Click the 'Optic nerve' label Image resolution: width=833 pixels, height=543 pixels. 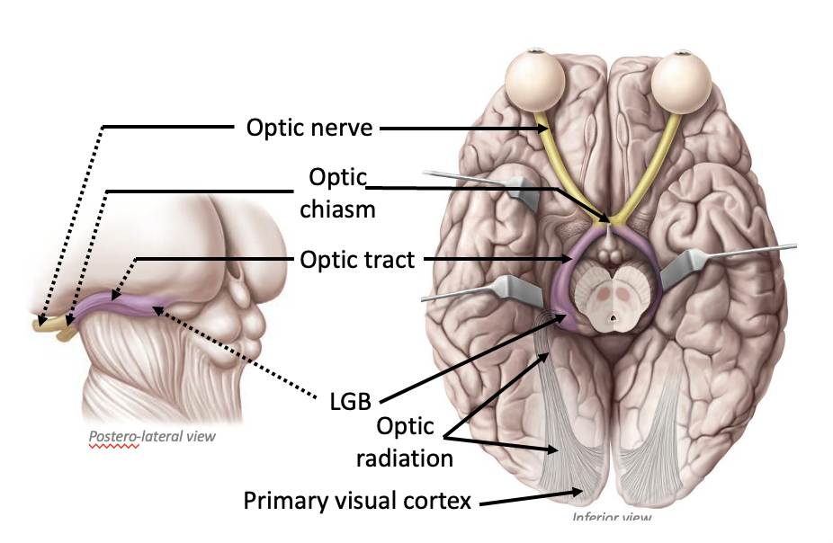click(309, 128)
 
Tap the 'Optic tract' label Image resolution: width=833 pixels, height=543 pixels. click(357, 261)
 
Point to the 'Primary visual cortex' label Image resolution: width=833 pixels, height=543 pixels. click(357, 500)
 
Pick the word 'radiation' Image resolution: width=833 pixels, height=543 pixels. click(404, 458)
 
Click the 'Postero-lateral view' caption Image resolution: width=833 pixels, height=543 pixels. click(152, 438)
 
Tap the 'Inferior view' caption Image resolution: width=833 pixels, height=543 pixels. click(612, 518)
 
